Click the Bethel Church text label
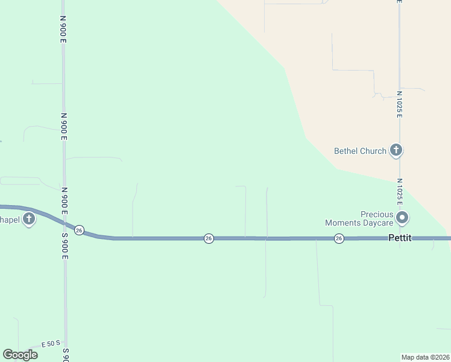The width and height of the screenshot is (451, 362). click(x=360, y=151)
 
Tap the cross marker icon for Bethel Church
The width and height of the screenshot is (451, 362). click(x=396, y=150)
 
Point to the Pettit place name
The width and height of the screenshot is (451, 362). click(x=399, y=238)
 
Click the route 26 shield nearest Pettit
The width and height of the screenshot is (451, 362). click(x=339, y=238)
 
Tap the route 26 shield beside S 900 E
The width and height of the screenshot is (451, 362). click(x=79, y=230)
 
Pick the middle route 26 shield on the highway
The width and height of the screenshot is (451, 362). click(x=209, y=238)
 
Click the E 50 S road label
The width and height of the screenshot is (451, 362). click(x=51, y=345)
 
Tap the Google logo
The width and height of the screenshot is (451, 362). click(x=20, y=355)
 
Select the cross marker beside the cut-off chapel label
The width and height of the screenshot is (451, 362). click(x=29, y=219)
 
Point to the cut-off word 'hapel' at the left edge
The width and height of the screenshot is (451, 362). click(x=9, y=219)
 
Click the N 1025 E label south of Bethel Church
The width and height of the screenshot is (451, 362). click(x=399, y=191)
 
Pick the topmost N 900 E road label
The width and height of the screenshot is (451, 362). click(x=63, y=28)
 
